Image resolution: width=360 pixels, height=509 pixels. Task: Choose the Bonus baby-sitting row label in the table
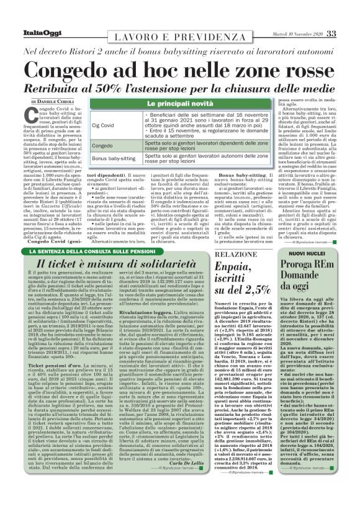(x=115, y=159)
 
